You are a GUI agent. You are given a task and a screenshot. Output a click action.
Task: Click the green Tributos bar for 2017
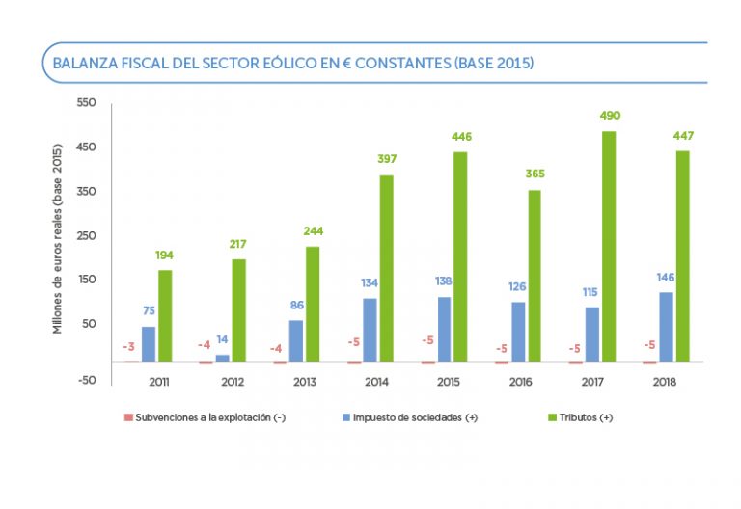(609, 247)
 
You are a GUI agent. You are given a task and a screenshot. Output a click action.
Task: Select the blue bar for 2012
(223, 358)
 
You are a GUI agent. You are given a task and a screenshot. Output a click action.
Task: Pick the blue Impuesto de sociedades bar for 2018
(665, 327)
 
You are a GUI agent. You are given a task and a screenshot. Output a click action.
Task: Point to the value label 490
(609, 116)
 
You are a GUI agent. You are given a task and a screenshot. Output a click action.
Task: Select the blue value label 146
(665, 278)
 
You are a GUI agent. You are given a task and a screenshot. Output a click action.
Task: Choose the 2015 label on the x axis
(448, 382)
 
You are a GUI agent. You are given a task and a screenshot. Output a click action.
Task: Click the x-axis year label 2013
(304, 382)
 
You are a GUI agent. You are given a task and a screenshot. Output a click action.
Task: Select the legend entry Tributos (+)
(587, 417)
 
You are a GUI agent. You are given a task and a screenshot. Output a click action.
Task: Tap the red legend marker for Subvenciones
(127, 417)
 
